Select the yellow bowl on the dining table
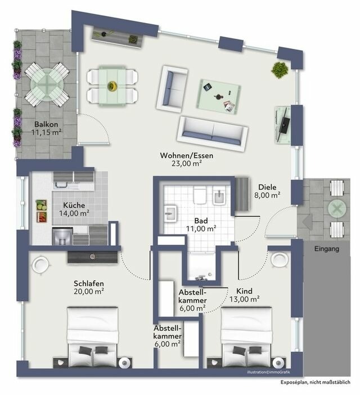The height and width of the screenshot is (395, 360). pyautogui.click(x=112, y=86)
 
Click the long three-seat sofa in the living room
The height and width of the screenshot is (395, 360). pyautogui.click(x=212, y=131)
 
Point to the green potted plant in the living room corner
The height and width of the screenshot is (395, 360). pyautogui.click(x=279, y=70)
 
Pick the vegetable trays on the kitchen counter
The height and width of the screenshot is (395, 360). pyautogui.click(x=42, y=212)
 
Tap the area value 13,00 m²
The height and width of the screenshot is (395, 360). pyautogui.click(x=244, y=299)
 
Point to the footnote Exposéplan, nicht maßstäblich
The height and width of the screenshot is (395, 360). pyautogui.click(x=318, y=382)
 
